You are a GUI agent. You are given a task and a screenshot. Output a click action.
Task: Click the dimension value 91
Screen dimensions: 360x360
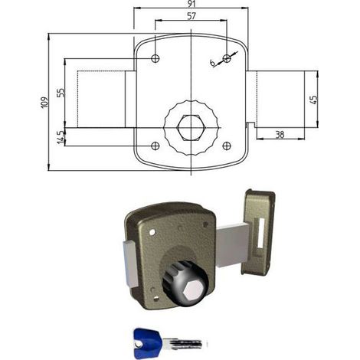[191, 4]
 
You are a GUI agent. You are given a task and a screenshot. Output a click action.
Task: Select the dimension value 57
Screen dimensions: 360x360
[191, 16]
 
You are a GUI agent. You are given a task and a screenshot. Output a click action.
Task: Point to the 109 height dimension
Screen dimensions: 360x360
[44, 103]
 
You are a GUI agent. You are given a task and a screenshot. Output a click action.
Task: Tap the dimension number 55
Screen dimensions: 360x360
[61, 93]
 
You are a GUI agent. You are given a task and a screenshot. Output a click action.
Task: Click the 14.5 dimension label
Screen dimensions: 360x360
[61, 137]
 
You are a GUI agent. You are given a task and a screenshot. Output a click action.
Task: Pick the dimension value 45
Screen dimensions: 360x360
[314, 100]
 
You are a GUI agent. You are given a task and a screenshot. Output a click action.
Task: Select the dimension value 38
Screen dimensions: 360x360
[280, 135]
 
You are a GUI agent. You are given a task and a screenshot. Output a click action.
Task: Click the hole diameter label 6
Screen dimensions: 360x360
[212, 63]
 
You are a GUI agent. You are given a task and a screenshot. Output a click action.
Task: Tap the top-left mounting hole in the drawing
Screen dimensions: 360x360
[155, 59]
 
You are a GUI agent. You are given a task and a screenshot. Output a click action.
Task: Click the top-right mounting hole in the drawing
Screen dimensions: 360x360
[227, 59]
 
